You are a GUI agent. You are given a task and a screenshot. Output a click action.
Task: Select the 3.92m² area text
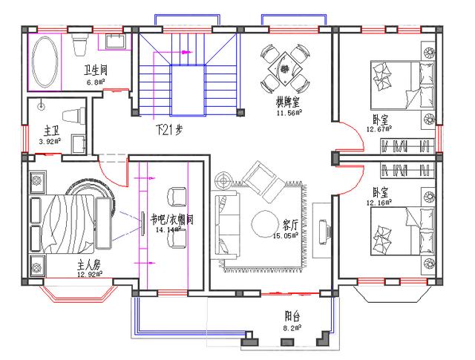[x=49, y=140]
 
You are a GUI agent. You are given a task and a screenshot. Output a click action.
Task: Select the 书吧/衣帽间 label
[x=171, y=220]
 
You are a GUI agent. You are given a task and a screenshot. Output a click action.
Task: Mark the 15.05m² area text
[x=286, y=235]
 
